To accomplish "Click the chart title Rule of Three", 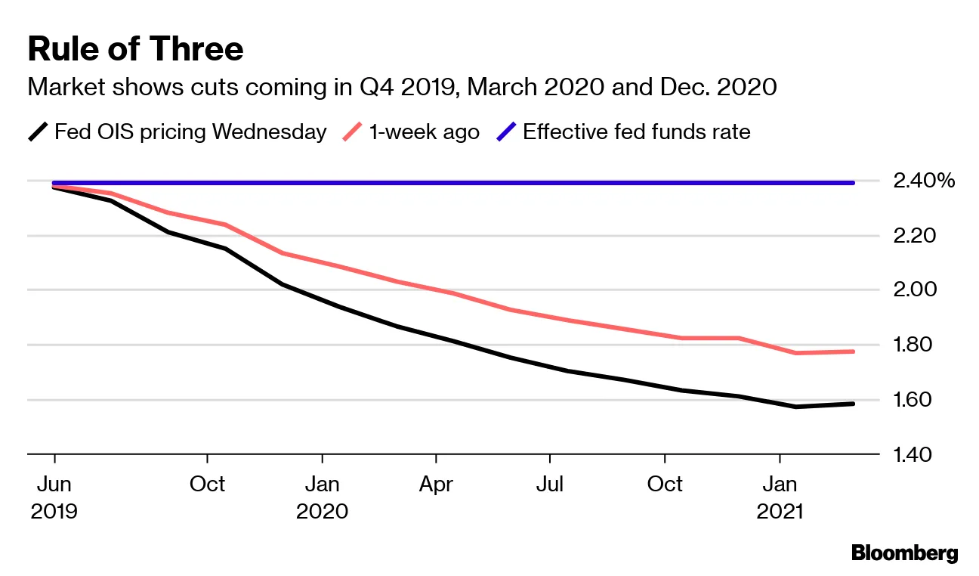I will tap(135, 50).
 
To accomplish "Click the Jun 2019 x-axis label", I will tap(54, 497).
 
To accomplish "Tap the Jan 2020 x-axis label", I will tap(323, 497).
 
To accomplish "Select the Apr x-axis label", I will tap(437, 484).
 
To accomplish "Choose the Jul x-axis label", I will tap(550, 484).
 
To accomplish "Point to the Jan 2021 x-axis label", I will tap(780, 497).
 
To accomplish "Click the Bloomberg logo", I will tap(904, 553).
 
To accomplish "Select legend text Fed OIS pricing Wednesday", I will tap(190, 132).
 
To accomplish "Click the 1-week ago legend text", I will tap(424, 132).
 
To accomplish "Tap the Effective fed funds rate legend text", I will tap(636, 132).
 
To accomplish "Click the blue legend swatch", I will tap(505, 132).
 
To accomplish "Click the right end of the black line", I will tap(853, 404).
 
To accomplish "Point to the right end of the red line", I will tap(853, 351).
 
